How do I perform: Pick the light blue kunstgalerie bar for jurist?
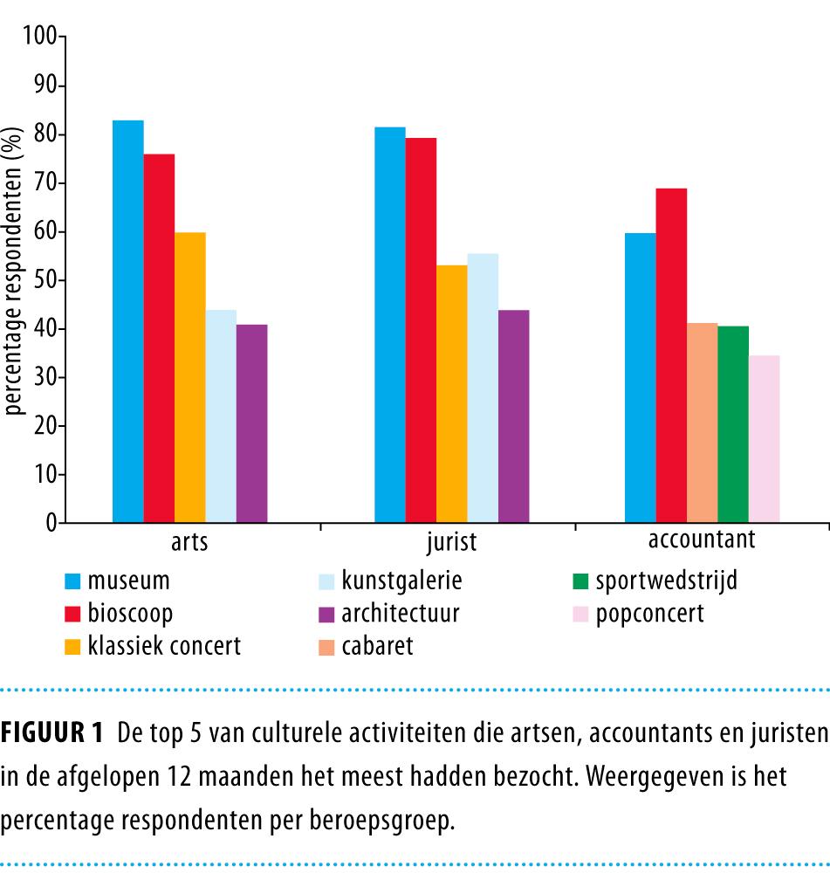coord(483,388)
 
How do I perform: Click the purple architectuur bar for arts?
coord(252,423)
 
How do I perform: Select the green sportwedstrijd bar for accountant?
coord(733,424)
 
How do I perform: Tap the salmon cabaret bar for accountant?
coord(703,423)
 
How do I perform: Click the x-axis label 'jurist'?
coord(451,543)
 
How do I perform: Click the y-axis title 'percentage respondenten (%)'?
coord(15,270)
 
